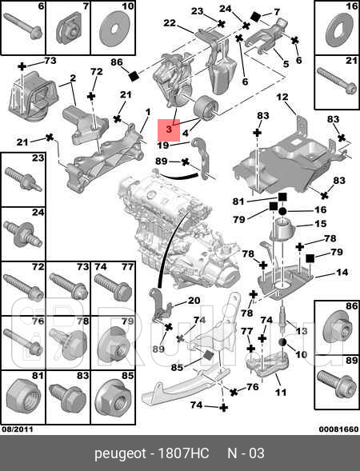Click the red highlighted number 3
(169, 130)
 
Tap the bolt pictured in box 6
(24, 26)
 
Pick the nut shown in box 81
(22, 397)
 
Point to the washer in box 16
(339, 31)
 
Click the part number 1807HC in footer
(183, 453)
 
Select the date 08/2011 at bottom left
(17, 429)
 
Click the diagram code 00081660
(338, 429)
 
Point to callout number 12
(282, 97)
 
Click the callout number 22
(170, 22)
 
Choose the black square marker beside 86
(134, 76)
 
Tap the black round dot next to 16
(282, 211)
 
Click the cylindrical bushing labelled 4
(206, 108)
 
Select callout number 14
(342, 272)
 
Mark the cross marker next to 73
(22, 66)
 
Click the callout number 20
(194, 300)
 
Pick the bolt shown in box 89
(336, 381)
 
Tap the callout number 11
(280, 392)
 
